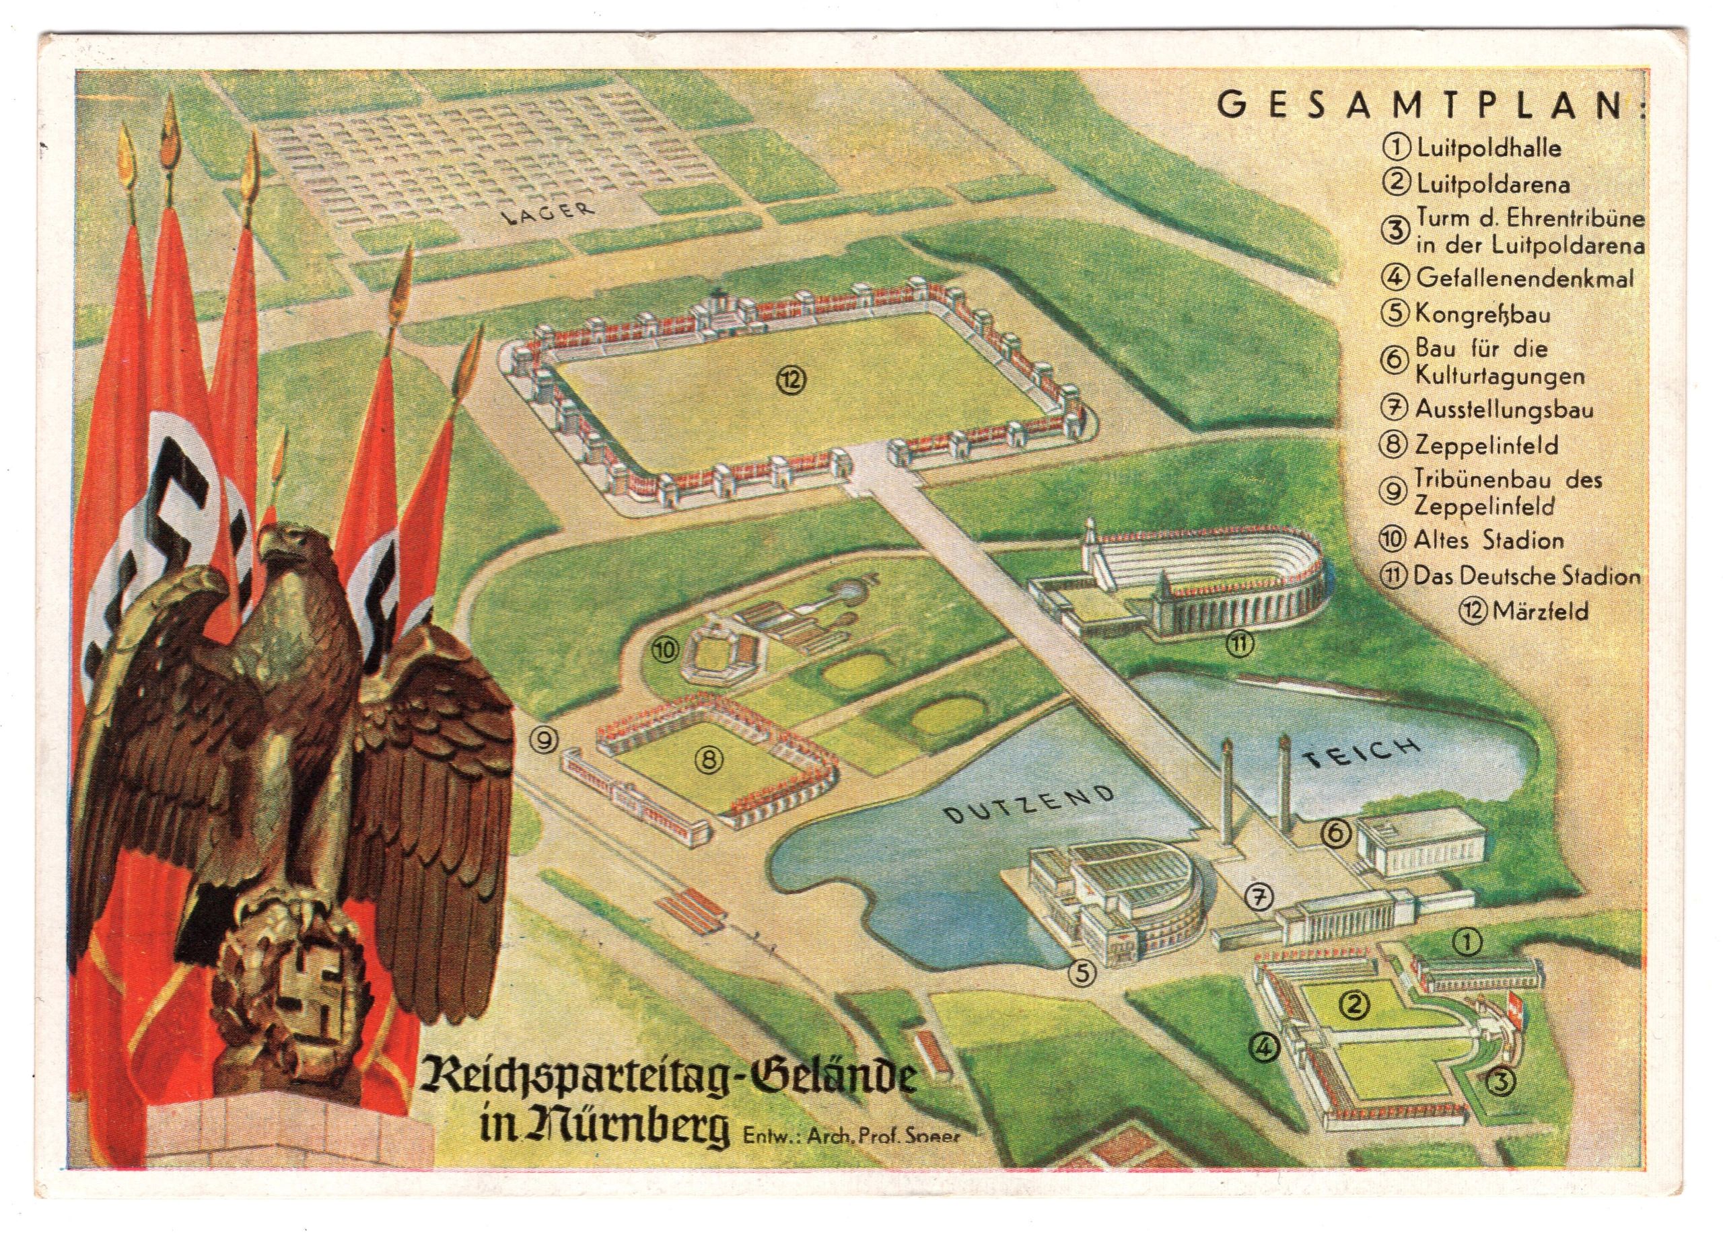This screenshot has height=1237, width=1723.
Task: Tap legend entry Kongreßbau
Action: tap(1481, 313)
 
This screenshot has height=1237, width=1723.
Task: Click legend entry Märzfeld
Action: tap(1539, 611)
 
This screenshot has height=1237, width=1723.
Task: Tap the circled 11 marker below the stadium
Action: tap(1240, 644)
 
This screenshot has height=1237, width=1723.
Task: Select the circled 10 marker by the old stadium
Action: tap(666, 649)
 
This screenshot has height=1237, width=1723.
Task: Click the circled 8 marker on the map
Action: tap(708, 759)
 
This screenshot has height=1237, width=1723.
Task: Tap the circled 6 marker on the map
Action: tap(1336, 834)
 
